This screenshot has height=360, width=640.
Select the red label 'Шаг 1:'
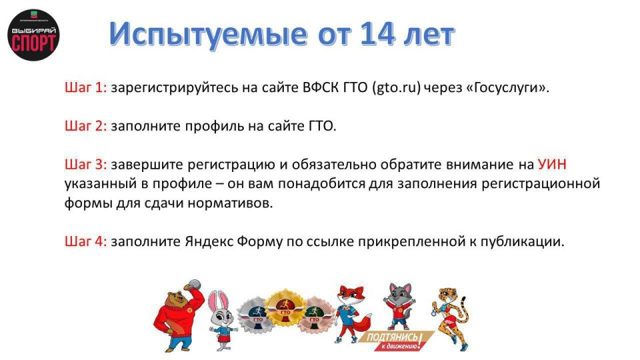coord(85,87)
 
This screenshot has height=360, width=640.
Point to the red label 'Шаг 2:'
coord(85,125)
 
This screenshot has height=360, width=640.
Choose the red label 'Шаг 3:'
coord(85,164)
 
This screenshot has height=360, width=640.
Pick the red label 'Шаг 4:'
coord(85,242)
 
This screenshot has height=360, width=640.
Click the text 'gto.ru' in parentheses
coord(397,87)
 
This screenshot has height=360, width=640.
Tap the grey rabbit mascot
coord(221,320)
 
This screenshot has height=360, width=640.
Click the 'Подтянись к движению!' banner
coord(397,341)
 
